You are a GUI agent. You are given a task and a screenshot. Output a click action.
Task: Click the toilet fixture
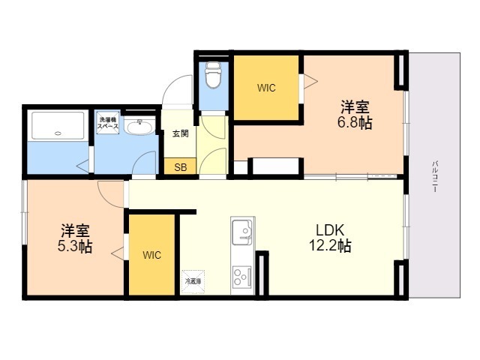click(212, 75)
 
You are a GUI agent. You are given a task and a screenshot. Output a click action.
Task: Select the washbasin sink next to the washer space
click(138, 128)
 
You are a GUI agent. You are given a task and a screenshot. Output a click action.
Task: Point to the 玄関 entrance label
click(180, 133)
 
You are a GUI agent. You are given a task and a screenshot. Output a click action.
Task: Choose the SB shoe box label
click(180, 167)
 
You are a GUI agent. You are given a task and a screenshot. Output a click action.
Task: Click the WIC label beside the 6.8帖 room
click(266, 88)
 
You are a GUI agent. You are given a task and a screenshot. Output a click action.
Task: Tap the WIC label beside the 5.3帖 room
click(151, 254)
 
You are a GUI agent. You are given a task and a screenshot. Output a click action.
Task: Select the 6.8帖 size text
click(356, 123)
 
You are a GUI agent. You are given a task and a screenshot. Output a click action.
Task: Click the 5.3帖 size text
click(76, 246)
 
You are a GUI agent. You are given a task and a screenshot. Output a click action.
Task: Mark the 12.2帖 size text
click(330, 245)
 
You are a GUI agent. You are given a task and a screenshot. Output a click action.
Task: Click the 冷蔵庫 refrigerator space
click(193, 281)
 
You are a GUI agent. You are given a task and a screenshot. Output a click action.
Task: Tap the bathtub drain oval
click(58, 134)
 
